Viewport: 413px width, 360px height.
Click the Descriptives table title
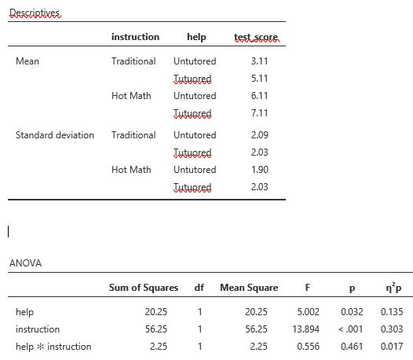[34, 13]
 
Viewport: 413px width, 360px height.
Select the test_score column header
[256, 37]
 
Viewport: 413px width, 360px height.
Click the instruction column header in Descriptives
[135, 37]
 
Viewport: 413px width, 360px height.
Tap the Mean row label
[27, 61]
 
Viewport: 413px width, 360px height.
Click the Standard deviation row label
[55, 135]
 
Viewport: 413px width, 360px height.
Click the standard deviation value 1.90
[259, 170]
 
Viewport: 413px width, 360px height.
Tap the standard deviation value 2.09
[259, 135]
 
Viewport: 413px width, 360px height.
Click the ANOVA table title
[25, 263]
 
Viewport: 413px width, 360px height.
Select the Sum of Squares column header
[144, 288]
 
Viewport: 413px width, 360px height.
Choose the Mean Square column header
[249, 288]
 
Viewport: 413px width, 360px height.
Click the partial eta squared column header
[389, 288]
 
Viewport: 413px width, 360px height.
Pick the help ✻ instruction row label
[53, 346]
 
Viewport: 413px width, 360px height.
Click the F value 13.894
[305, 329]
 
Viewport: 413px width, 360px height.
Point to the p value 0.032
[350, 312]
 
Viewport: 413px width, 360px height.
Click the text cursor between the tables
[8, 231]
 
